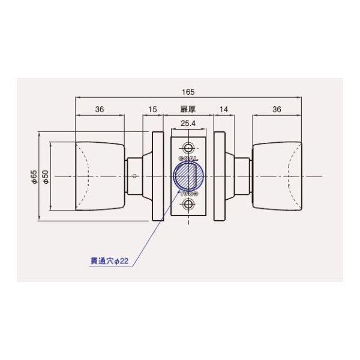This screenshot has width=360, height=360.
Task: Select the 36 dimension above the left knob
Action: click(100, 110)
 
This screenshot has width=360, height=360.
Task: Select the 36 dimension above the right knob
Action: click(277, 110)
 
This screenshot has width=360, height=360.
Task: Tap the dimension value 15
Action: click(152, 110)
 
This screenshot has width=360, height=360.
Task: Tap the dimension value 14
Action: click(224, 110)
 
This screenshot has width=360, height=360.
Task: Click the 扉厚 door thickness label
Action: click(188, 110)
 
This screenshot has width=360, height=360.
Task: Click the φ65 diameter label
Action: click(34, 176)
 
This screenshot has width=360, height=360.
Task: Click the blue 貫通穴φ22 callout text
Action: click(108, 260)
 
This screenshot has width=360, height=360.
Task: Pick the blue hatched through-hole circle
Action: click(184, 176)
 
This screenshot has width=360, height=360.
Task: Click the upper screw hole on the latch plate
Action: click(189, 148)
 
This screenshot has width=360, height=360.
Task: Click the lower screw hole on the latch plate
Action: click(189, 205)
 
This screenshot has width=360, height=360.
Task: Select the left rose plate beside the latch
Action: click(158, 176)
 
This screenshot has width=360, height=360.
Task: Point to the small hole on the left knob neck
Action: click(135, 176)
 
